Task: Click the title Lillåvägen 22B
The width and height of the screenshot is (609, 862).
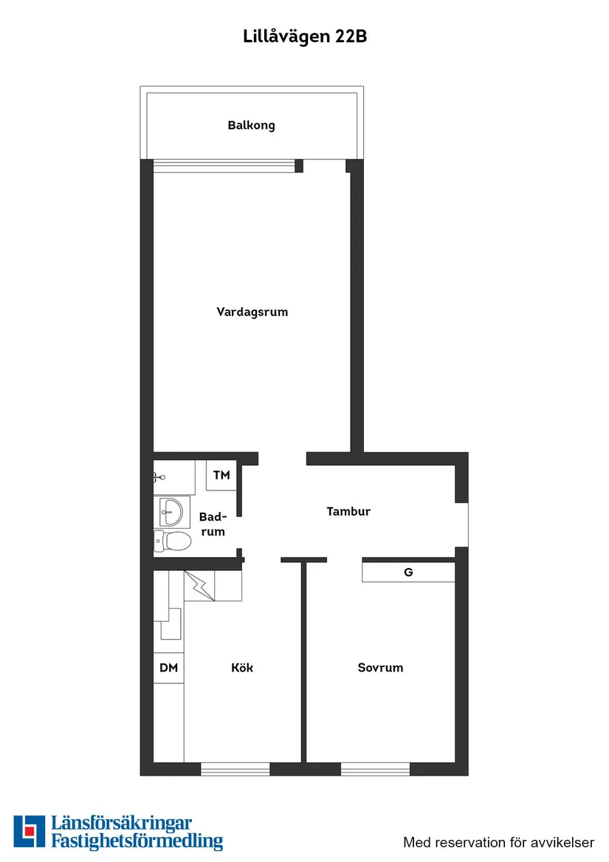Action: pyautogui.click(x=305, y=37)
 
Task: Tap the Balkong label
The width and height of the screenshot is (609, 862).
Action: pyautogui.click(x=251, y=126)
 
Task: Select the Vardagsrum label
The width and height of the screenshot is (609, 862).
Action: pyautogui.click(x=252, y=312)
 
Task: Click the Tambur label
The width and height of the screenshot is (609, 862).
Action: pyautogui.click(x=348, y=511)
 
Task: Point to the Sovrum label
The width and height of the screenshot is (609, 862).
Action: pyautogui.click(x=380, y=668)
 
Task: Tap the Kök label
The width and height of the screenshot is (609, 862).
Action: pyautogui.click(x=242, y=668)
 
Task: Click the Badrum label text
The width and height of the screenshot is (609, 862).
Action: pyautogui.click(x=213, y=524)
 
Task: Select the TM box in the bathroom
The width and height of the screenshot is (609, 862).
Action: pyautogui.click(x=221, y=476)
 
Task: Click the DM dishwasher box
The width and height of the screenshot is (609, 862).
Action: pyautogui.click(x=169, y=668)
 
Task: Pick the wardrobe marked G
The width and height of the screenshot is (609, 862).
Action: pyautogui.click(x=408, y=572)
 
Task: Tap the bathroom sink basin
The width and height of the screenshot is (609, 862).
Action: pyautogui.click(x=171, y=510)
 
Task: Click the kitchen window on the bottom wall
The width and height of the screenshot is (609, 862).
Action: pyautogui.click(x=235, y=769)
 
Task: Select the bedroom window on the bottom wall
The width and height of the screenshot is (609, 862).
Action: pyautogui.click(x=375, y=769)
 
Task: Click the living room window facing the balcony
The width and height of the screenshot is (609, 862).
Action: pyautogui.click(x=224, y=165)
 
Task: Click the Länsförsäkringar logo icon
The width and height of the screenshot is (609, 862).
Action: pyautogui.click(x=29, y=832)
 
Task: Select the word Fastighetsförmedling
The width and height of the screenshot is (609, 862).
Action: pyautogui.click(x=137, y=841)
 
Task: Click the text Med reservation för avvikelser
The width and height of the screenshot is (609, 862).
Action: pyautogui.click(x=498, y=842)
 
